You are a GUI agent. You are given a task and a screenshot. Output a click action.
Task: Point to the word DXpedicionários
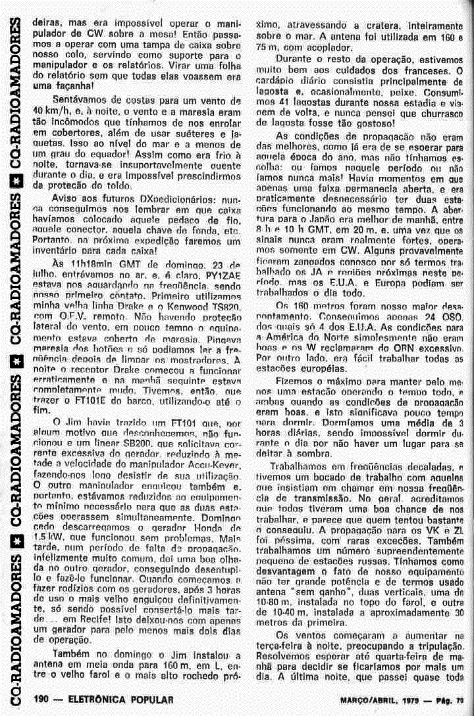[149, 198]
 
